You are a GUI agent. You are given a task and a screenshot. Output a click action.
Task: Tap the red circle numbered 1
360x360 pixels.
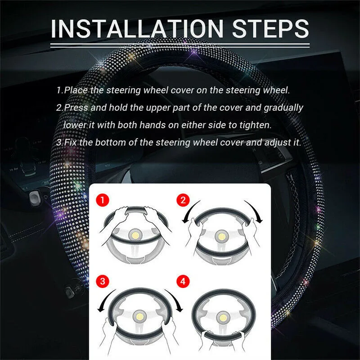pos(103,198)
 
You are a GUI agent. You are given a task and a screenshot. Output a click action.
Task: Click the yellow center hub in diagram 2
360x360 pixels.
pos(221,235)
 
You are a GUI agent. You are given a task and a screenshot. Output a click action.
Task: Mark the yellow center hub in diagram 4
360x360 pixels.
pos(221,318)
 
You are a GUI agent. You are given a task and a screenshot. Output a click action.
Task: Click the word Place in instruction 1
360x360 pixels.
pos(77,90)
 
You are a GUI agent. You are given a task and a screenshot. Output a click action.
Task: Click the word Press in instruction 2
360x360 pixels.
pos(77,108)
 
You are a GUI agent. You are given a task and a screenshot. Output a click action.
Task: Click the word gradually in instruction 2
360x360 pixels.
pos(283,108)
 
